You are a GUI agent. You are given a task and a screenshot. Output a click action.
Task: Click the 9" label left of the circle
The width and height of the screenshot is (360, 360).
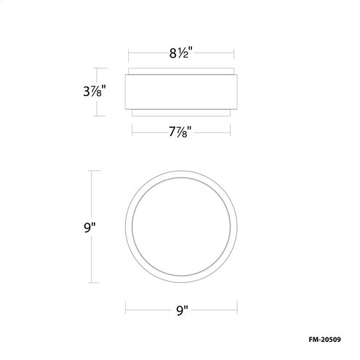point(90,227)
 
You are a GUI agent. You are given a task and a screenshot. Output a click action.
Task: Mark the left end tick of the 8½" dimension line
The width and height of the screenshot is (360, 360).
point(129,52)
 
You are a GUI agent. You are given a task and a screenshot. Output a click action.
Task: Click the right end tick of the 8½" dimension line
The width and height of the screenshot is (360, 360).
point(232,52)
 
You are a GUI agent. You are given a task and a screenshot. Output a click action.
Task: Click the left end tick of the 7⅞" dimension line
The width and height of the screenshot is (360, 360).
point(132,131)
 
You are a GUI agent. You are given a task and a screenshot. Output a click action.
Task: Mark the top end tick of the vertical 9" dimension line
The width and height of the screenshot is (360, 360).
point(90,171)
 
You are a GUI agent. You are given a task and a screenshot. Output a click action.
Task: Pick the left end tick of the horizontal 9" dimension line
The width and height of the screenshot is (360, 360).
point(125,305)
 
